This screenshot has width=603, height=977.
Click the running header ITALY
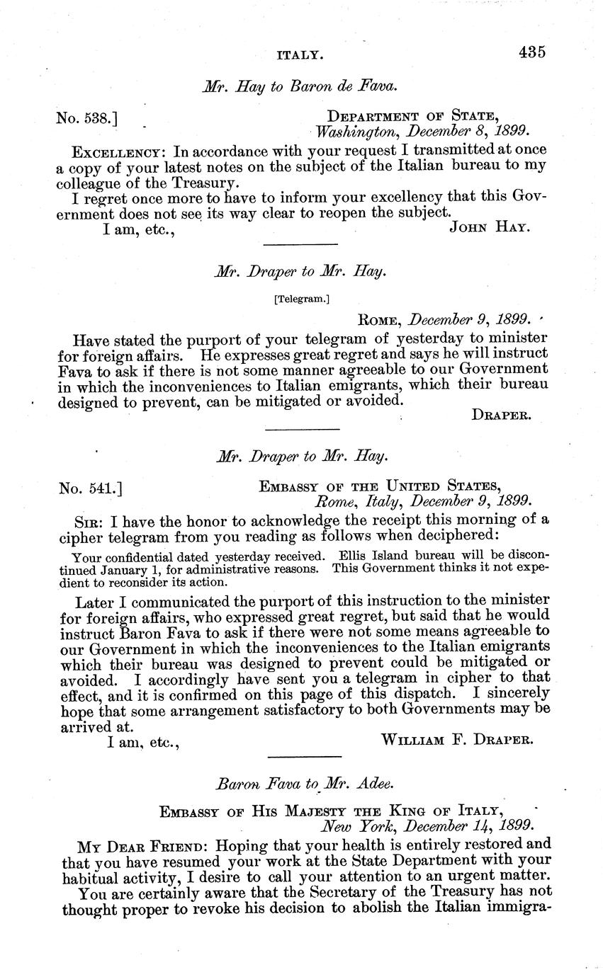tap(300, 53)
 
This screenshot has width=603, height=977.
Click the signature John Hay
tap(490, 227)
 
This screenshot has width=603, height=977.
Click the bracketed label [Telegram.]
tap(301, 299)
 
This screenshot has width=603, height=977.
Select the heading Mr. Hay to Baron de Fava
tap(300, 87)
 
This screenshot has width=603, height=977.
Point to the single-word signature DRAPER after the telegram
tap(500, 416)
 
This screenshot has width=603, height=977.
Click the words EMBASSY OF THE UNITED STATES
tap(380, 486)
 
